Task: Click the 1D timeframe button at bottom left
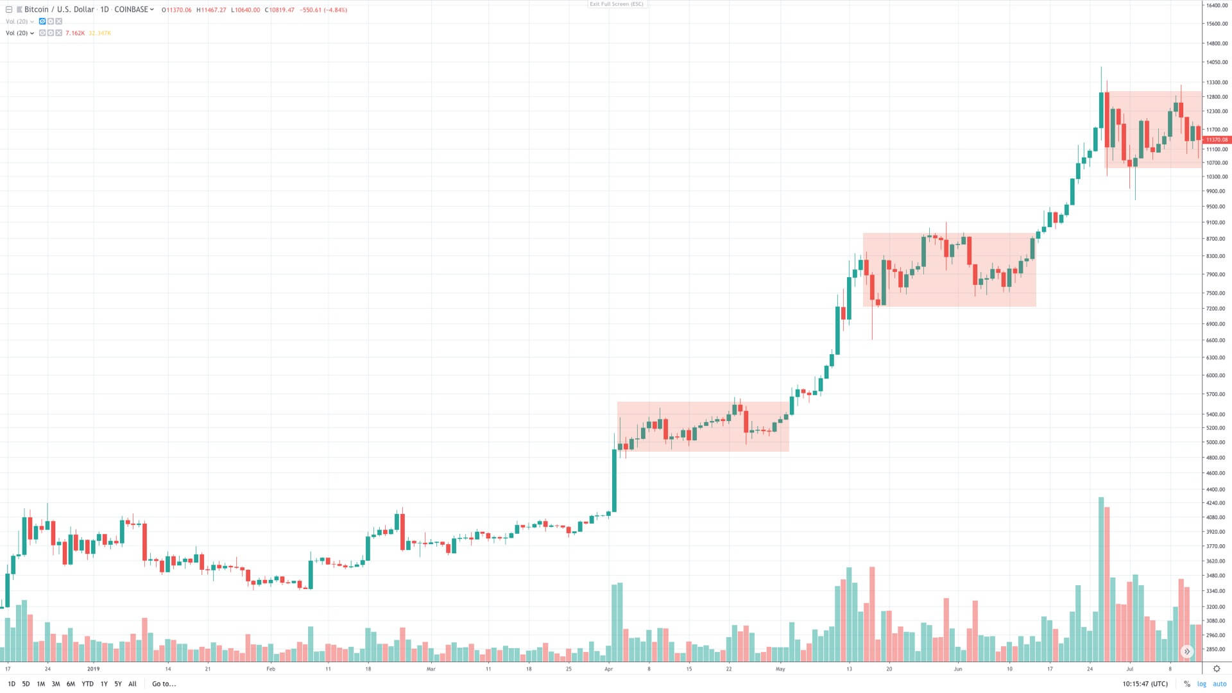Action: [x=11, y=684]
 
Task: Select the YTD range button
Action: [x=87, y=684]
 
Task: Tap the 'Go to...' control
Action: [x=164, y=684]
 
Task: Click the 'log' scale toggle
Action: [x=1201, y=684]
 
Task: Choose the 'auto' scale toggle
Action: [x=1219, y=684]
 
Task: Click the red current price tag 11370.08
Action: [x=1216, y=140]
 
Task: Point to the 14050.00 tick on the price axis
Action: [x=1217, y=63]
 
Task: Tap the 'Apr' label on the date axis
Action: [x=608, y=669]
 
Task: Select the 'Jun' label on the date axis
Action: [x=957, y=669]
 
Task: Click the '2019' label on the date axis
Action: [x=94, y=669]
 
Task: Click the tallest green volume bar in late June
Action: [x=1101, y=577]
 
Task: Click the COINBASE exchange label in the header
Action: [x=132, y=10]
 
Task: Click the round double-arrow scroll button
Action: [x=1187, y=651]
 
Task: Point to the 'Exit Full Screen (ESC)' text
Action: [x=616, y=4]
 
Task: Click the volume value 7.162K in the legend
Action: [x=75, y=33]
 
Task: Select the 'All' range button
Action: [x=132, y=684]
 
